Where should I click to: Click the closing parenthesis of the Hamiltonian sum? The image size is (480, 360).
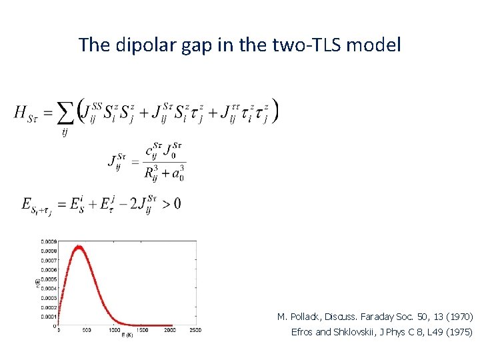tap(275, 111)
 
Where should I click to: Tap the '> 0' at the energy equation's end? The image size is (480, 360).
tap(171, 203)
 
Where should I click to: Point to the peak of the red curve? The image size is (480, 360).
tap(79, 247)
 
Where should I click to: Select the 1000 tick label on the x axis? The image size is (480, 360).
tap(115, 330)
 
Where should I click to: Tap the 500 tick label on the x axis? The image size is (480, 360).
tap(87, 330)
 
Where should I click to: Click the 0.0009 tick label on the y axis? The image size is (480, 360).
tap(48, 240)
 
